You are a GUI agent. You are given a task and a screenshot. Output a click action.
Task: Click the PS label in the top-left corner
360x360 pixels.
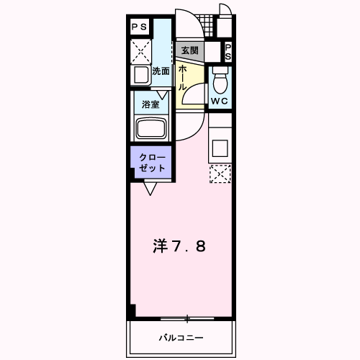tap(139, 27)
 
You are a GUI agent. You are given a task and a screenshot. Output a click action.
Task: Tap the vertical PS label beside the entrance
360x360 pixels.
tap(228, 52)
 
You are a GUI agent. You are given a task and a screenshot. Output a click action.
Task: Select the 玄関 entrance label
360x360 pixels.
tap(189, 50)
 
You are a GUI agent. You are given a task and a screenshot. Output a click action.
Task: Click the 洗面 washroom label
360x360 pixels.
tap(161, 71)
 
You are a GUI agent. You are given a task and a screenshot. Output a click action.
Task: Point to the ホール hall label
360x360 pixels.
tap(182, 78)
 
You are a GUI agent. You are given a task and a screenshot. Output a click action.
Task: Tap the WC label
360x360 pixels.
tap(219, 101)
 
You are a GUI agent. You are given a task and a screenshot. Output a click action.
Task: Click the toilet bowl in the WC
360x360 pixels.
tap(220, 81)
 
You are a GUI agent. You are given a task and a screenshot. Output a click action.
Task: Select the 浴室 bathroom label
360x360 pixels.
tap(150, 104)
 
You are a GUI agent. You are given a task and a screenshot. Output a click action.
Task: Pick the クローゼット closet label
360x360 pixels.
tap(153, 163)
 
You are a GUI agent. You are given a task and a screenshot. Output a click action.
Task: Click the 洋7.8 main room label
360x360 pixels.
tap(179, 246)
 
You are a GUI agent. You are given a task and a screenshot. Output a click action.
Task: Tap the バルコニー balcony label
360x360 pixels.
tap(181, 338)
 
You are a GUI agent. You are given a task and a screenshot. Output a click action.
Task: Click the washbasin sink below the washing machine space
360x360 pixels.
tap(141, 75)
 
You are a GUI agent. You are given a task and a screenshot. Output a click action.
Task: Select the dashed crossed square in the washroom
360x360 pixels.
tap(141, 52)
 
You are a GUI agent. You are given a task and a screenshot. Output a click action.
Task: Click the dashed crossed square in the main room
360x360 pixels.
tap(220, 174)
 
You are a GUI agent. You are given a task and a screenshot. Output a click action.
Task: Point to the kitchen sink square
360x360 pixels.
tap(220, 148)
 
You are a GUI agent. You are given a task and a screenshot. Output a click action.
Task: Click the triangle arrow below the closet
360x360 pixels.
tap(150, 189)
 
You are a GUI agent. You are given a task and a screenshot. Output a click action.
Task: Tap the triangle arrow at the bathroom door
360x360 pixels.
tap(162, 95)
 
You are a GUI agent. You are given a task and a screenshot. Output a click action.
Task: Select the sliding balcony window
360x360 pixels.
tap(187, 319)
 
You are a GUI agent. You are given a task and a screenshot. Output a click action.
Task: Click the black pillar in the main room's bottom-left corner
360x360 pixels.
tap(133, 310)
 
